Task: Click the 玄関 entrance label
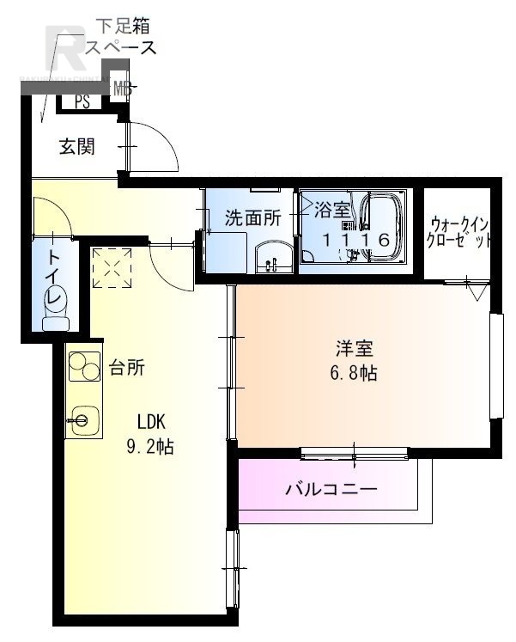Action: tap(76, 147)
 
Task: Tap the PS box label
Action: tap(82, 101)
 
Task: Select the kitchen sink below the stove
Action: tap(83, 419)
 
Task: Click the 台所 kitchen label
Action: tap(126, 368)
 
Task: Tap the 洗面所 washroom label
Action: tap(252, 217)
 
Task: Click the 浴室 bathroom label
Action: tap(331, 210)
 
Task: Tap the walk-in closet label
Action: tap(460, 230)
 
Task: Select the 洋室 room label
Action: tap(354, 349)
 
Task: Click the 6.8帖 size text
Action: tap(354, 374)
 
